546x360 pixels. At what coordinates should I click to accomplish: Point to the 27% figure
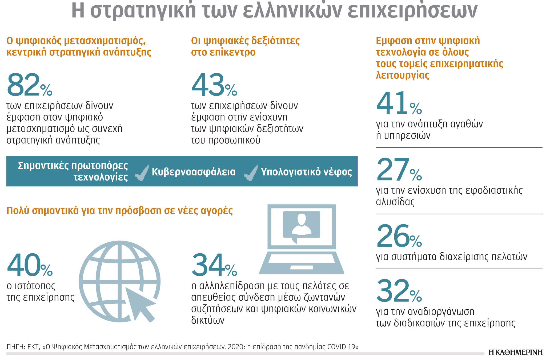(399, 170)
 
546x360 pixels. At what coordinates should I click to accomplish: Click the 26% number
(399, 236)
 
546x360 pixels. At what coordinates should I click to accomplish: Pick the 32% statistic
(399, 291)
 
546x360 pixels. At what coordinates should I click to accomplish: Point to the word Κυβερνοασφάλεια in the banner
(194, 172)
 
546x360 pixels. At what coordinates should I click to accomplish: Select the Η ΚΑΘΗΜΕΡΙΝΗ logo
(515, 352)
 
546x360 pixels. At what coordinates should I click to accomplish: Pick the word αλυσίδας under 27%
(395, 202)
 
